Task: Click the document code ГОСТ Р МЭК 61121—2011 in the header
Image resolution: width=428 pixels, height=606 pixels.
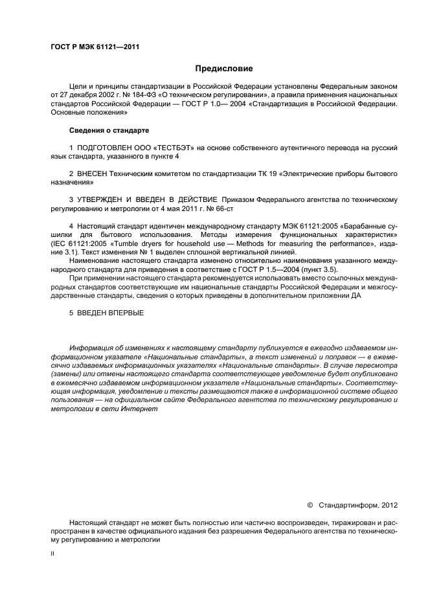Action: (94, 47)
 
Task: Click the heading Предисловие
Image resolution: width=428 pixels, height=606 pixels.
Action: (224, 68)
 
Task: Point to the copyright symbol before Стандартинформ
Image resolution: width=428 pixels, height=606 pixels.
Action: (310, 504)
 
